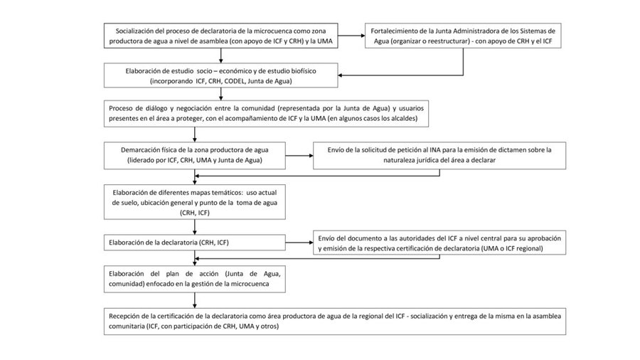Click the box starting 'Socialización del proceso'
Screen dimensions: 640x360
(x=221, y=36)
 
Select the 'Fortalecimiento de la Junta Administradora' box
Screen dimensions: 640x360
(x=463, y=36)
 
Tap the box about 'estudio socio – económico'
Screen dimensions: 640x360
(x=221, y=75)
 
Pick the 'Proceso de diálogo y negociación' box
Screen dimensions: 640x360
(x=266, y=113)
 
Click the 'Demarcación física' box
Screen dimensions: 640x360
(x=195, y=156)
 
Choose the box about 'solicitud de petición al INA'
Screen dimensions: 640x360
(x=439, y=156)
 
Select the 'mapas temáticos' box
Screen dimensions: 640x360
(x=195, y=202)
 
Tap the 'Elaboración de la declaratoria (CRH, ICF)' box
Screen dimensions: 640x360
(x=195, y=243)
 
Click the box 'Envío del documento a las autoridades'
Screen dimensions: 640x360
(x=439, y=243)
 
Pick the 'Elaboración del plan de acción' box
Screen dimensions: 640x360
(x=195, y=279)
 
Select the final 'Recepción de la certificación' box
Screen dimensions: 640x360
(x=335, y=322)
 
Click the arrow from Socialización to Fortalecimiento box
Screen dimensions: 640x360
(x=351, y=36)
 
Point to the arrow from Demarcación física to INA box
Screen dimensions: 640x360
(x=299, y=156)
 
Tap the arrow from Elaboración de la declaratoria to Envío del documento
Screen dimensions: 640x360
(x=299, y=243)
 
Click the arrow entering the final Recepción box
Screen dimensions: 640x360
(x=195, y=300)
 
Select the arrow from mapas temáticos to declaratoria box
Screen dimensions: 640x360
(x=195, y=227)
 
